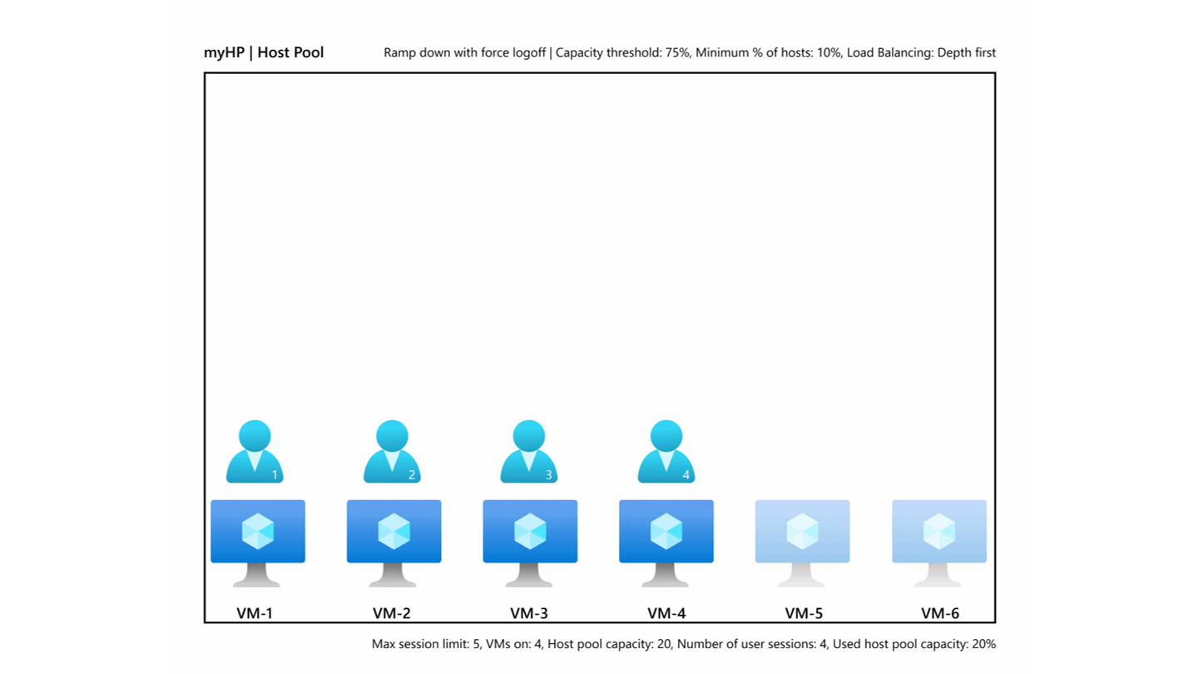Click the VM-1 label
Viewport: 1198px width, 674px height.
[255, 613]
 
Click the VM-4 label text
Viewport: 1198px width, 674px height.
[666, 613]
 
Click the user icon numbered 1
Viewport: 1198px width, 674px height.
[255, 453]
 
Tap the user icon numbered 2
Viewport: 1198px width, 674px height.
[392, 453]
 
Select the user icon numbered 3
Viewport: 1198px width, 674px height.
[528, 453]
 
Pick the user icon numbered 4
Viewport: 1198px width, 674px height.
[666, 453]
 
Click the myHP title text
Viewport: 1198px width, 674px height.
[224, 52]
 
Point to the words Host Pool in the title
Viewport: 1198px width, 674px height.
[290, 52]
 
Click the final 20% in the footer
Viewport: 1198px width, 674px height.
[983, 644]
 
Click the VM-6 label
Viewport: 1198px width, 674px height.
[940, 613]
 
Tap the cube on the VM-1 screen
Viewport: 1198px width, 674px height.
[258, 531]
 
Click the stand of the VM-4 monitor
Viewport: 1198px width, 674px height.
[666, 576]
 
